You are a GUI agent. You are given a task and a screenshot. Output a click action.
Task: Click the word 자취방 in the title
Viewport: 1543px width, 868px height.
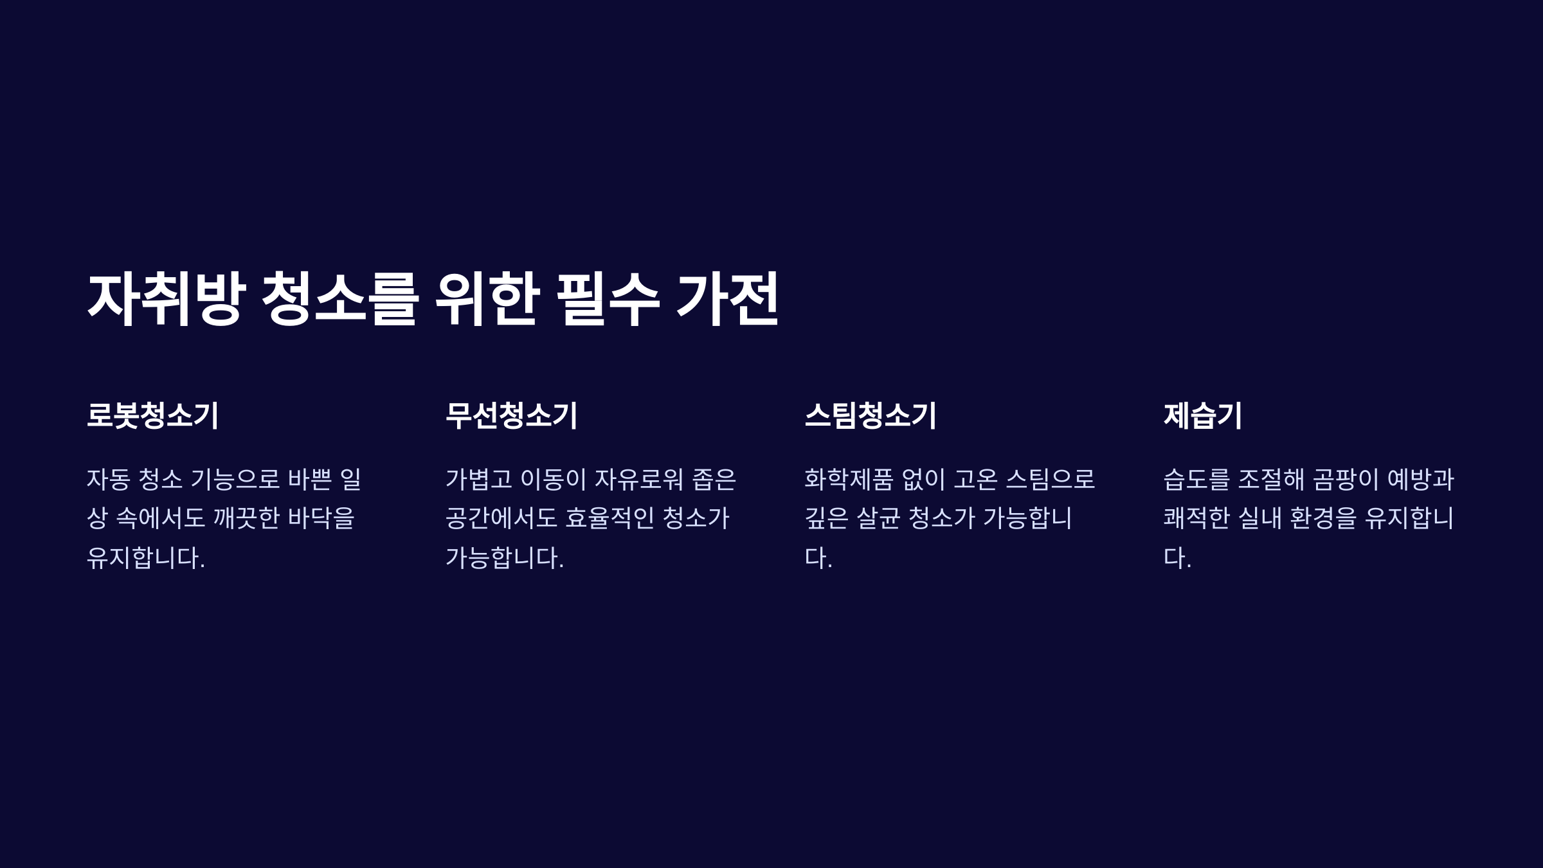(x=167, y=298)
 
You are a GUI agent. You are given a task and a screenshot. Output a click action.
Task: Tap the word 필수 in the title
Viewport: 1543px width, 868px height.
(x=608, y=298)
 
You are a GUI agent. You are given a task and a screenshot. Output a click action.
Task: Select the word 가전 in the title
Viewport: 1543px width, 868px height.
(x=728, y=298)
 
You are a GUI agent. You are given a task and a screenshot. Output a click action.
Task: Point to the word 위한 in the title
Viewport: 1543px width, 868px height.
(x=487, y=298)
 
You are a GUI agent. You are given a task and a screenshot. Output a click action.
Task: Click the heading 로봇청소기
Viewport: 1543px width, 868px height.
(x=153, y=415)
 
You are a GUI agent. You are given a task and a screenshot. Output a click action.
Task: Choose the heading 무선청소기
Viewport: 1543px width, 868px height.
(x=512, y=415)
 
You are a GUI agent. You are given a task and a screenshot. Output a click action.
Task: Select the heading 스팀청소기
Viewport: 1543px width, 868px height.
(x=871, y=415)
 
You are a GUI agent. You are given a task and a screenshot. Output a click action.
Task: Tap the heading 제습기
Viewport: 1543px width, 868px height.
(x=1203, y=415)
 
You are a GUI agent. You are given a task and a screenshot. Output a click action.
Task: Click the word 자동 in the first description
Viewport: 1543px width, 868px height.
(x=108, y=479)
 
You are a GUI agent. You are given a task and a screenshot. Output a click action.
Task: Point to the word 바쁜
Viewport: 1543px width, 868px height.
(x=310, y=479)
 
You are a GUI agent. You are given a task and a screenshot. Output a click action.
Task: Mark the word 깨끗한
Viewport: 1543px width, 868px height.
(x=246, y=518)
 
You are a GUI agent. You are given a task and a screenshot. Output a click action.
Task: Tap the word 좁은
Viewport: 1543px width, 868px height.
(x=714, y=479)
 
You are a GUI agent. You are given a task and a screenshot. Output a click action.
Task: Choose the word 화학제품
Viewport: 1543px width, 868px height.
(x=849, y=479)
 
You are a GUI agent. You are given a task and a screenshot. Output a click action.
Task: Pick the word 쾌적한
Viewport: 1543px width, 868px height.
(x=1196, y=518)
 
